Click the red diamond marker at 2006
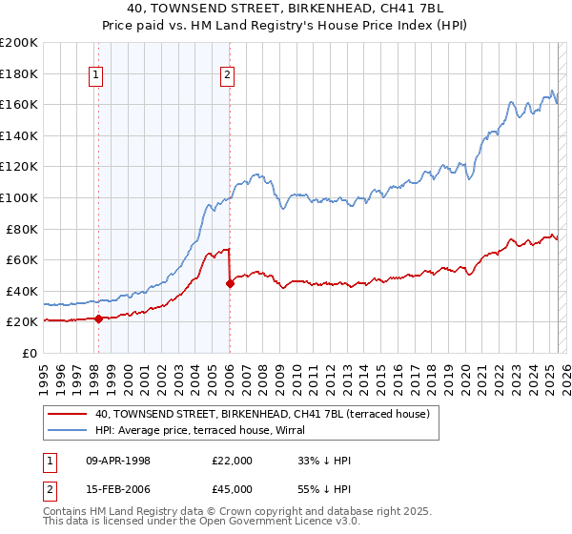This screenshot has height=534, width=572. (x=230, y=283)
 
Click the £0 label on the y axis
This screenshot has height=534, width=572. (x=31, y=353)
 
